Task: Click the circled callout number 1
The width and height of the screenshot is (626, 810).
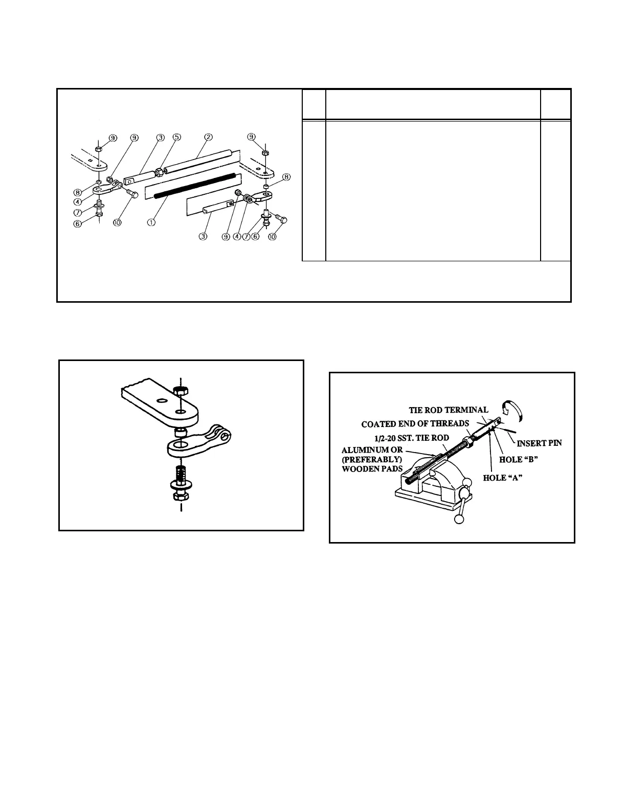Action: (151, 222)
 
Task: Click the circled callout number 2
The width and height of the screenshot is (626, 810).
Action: (209, 137)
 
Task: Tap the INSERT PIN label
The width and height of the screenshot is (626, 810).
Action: (540, 443)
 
